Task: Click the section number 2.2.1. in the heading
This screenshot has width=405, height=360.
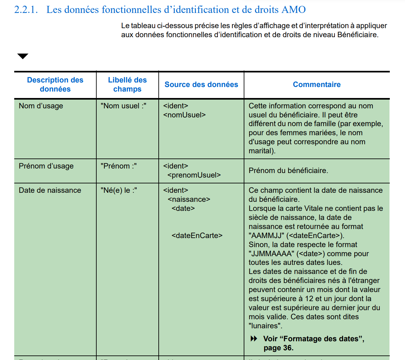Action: (26, 10)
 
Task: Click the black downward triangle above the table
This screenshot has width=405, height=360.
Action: (23, 56)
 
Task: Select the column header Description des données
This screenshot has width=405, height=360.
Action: (55, 84)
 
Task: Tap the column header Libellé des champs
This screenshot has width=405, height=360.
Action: (127, 84)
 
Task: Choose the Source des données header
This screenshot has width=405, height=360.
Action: (201, 85)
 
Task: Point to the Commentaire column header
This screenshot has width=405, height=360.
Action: (316, 85)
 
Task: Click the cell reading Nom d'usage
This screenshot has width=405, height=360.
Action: (41, 106)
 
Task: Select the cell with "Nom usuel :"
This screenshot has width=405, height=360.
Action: (123, 106)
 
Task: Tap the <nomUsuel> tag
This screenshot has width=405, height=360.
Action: (184, 115)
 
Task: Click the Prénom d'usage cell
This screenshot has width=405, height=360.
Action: (46, 166)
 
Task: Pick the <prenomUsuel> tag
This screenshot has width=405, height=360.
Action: (194, 175)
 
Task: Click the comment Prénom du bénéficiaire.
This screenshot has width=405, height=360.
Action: (288, 171)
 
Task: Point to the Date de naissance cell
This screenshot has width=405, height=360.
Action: (50, 191)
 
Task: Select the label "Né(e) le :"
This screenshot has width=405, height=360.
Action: (119, 191)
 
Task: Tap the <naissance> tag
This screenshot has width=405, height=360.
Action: (189, 200)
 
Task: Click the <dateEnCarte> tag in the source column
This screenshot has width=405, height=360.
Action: (197, 236)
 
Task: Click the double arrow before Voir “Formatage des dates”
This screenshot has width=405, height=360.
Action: (254, 339)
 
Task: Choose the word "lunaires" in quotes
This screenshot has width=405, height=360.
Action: (265, 326)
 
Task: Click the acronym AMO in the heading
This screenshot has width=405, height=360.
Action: (293, 10)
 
